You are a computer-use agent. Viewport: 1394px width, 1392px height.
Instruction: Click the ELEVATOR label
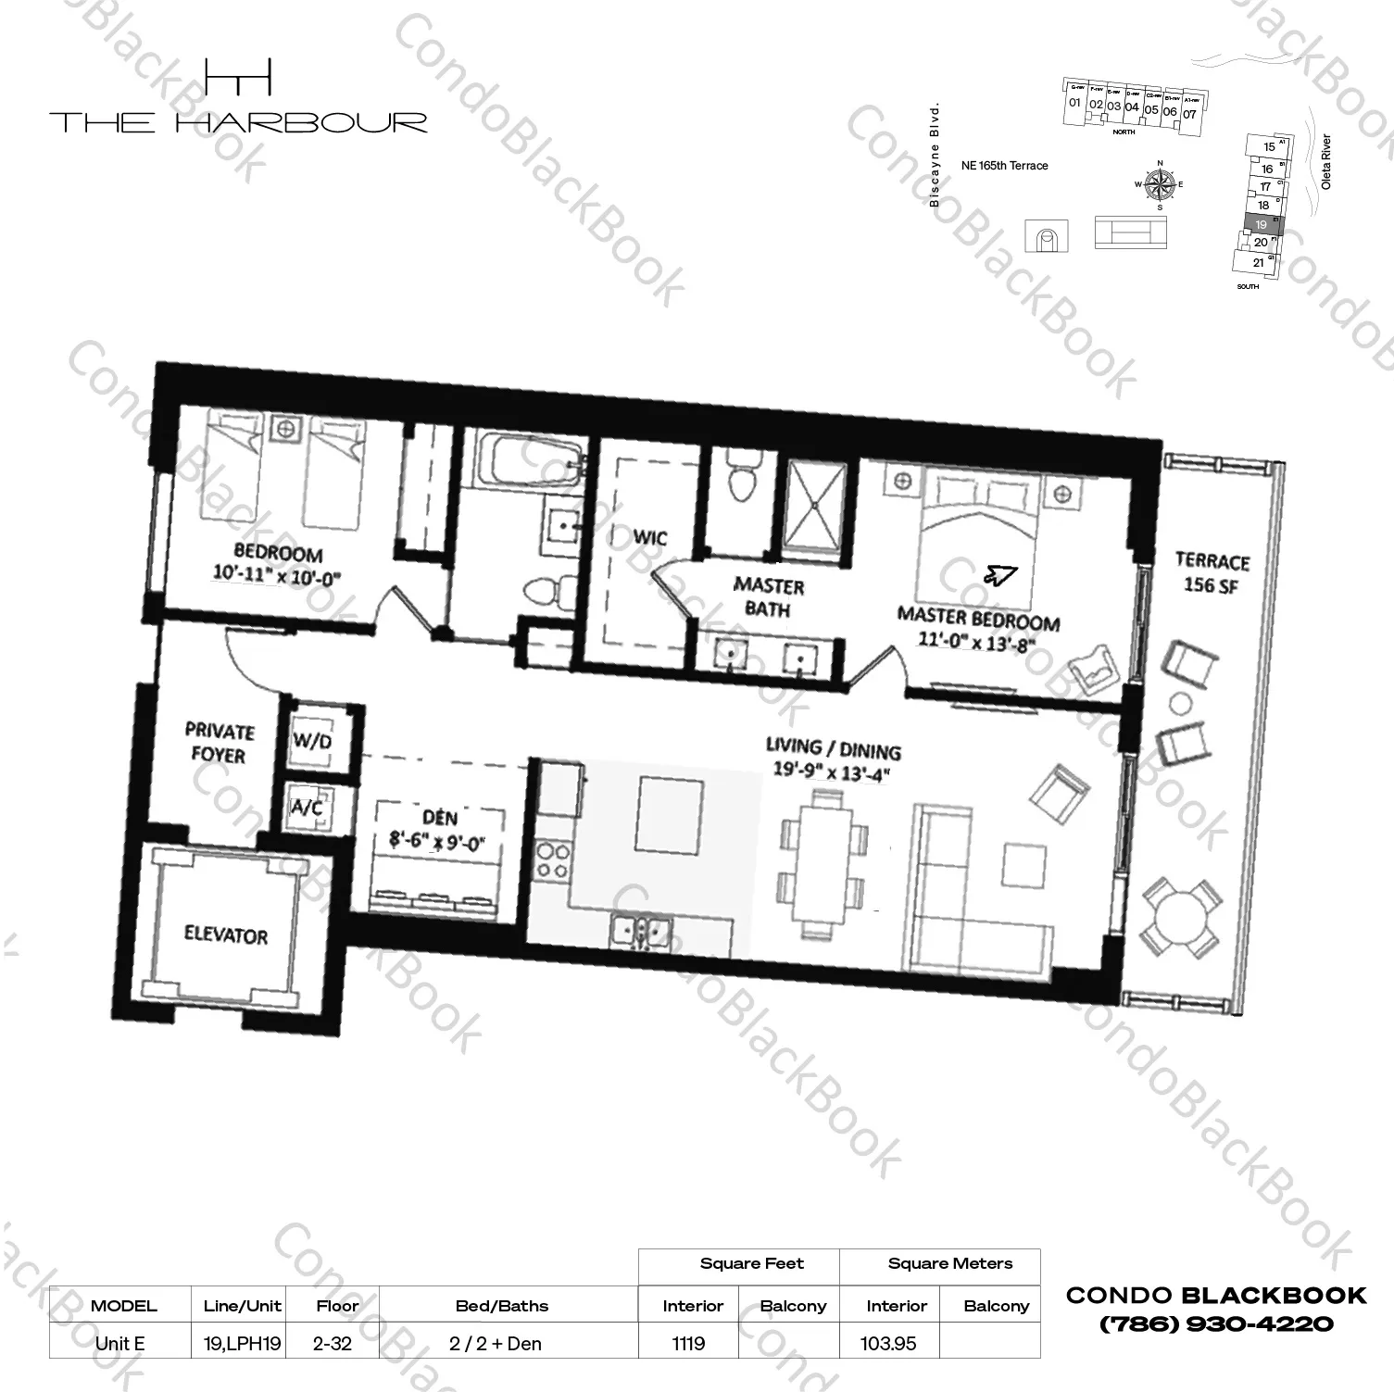tap(225, 935)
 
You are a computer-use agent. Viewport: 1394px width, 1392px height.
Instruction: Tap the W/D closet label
tap(312, 741)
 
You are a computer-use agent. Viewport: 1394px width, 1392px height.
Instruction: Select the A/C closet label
tap(307, 808)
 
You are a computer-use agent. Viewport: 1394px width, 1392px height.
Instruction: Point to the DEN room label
tap(439, 818)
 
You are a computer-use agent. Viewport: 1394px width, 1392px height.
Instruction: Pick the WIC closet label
tap(649, 538)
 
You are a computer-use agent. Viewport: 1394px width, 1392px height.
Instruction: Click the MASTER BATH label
tap(768, 597)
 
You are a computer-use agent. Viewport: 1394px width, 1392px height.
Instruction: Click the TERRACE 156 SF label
tap(1212, 573)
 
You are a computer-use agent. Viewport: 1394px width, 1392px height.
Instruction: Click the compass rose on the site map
tap(1159, 182)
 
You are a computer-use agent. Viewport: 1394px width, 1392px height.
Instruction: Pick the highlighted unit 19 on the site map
tap(1261, 225)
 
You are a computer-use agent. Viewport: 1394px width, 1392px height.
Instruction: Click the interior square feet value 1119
tap(688, 1343)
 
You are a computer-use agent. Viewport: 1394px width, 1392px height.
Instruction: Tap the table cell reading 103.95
tap(887, 1343)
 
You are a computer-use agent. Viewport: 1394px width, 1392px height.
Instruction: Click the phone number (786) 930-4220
tap(1216, 1324)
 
